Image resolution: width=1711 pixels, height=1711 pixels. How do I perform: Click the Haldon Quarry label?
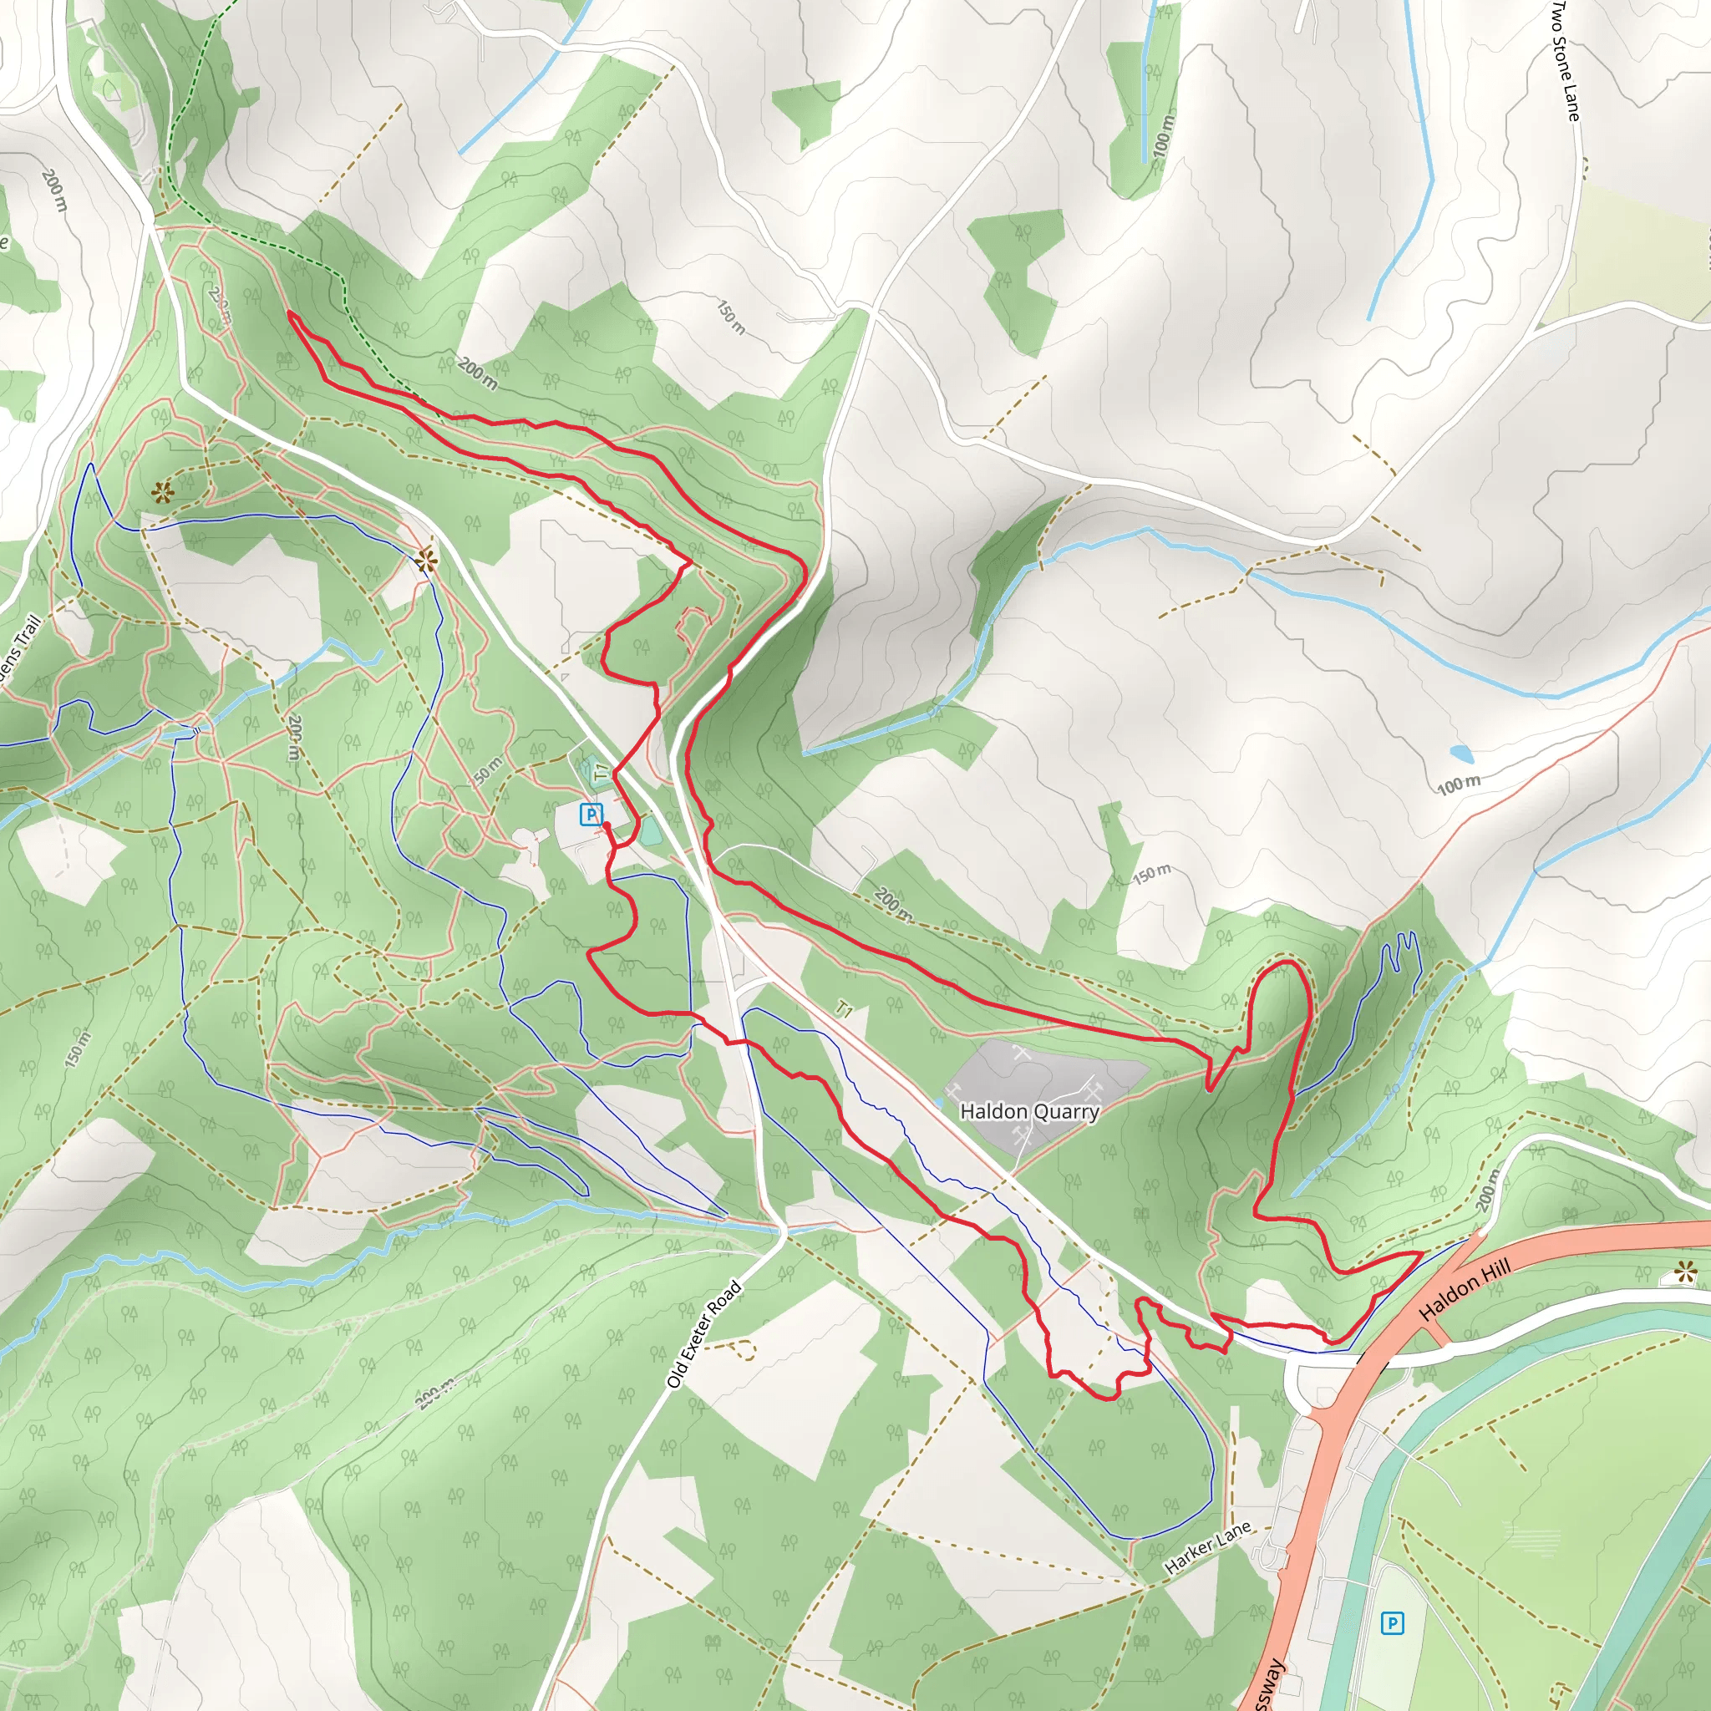(1029, 1110)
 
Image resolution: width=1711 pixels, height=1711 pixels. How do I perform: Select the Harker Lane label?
(1207, 1546)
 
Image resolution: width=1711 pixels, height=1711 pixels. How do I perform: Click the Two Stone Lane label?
(1565, 60)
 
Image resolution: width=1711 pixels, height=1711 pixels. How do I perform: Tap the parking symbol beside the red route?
(591, 813)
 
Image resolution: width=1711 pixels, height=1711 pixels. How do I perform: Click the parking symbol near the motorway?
(1392, 1622)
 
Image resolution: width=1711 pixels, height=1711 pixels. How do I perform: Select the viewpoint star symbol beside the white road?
(426, 559)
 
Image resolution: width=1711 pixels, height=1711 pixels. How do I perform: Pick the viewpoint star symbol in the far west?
(160, 492)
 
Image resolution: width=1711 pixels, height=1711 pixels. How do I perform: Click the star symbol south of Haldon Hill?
(1685, 1273)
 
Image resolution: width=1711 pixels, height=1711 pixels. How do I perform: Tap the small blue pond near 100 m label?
(1462, 754)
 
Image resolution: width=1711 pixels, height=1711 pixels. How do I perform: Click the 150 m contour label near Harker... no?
(1151, 874)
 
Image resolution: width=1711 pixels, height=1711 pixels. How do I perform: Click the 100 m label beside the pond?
(1458, 784)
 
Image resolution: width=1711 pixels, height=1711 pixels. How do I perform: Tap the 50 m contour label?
(486, 770)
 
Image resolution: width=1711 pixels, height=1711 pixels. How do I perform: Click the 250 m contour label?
(221, 304)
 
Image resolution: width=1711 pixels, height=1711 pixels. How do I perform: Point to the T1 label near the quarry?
(844, 1008)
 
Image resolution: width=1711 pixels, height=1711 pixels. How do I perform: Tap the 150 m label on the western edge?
(78, 1048)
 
